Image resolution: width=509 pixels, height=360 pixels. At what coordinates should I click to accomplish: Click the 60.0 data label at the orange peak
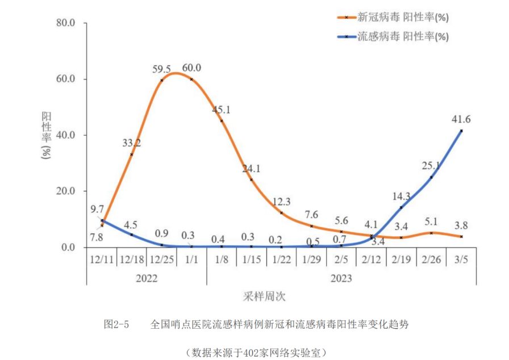pos(191,68)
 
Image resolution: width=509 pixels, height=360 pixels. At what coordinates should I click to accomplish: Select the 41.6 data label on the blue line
pos(461,120)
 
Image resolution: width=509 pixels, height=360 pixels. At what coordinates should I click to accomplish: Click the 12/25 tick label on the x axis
pos(161,259)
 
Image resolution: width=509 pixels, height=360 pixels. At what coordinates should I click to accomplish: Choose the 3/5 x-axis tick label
pos(461,259)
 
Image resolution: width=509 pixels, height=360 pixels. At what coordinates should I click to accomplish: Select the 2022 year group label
pos(147,278)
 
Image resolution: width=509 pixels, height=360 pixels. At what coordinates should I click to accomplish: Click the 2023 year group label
pos(341,278)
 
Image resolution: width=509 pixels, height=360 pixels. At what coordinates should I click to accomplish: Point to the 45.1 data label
pos(221,110)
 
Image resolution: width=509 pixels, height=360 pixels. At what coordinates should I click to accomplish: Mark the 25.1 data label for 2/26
pos(431,166)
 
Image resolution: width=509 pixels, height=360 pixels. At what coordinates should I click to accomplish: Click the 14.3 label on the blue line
pos(401,196)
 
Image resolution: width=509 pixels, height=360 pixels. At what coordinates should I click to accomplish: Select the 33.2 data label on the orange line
pos(131,143)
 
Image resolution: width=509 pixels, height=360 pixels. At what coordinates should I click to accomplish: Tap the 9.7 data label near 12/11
pos(96,210)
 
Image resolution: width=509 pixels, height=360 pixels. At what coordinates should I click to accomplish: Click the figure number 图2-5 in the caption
pos(116,325)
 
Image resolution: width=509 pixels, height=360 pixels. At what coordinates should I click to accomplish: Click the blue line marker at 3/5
pos(461,131)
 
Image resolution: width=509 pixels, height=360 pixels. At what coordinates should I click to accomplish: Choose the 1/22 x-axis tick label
pos(281,259)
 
